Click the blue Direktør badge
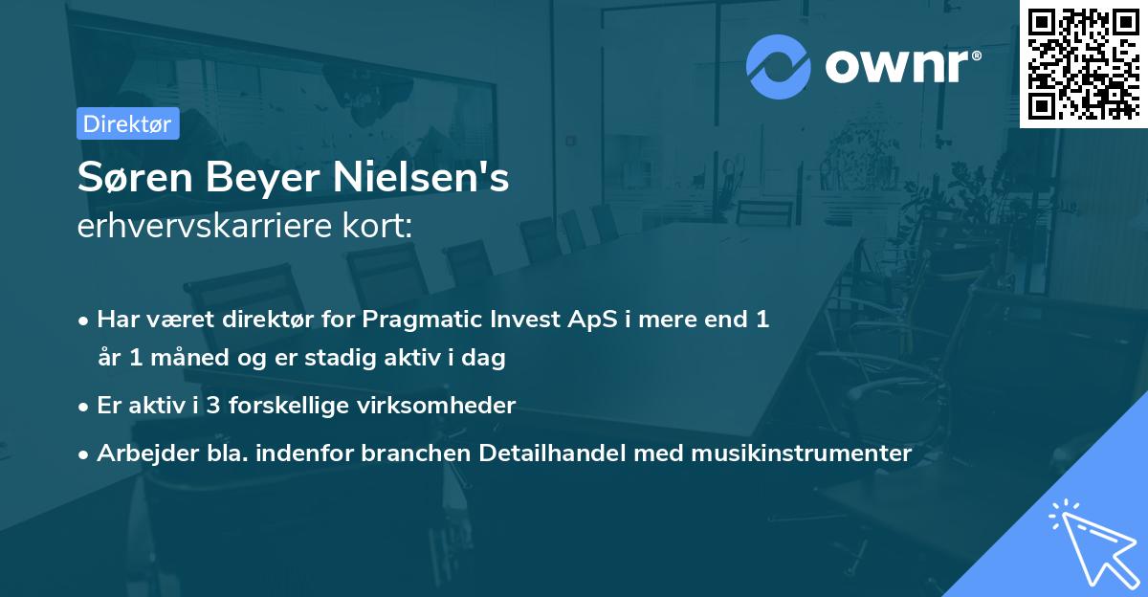pos(127,123)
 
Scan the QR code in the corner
pos(1084,63)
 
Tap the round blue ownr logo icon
pos(779,66)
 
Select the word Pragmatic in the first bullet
pos(431,320)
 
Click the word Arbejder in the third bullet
pos(140,453)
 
